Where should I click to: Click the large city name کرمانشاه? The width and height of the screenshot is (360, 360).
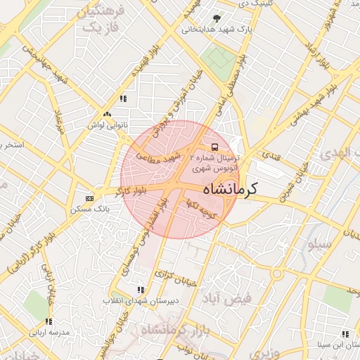click(x=230, y=188)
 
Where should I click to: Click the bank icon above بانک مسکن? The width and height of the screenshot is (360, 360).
click(x=89, y=198)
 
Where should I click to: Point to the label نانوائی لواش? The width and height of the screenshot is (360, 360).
click(x=106, y=124)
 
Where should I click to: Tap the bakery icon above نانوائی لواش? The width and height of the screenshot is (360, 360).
click(x=107, y=113)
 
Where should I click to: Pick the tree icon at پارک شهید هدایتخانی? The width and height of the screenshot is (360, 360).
click(x=216, y=18)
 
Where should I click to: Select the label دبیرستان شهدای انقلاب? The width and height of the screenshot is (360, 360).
click(x=134, y=300)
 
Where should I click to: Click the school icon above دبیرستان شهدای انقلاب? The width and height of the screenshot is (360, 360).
click(x=141, y=289)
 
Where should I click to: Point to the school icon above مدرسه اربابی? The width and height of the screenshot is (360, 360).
click(x=49, y=321)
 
